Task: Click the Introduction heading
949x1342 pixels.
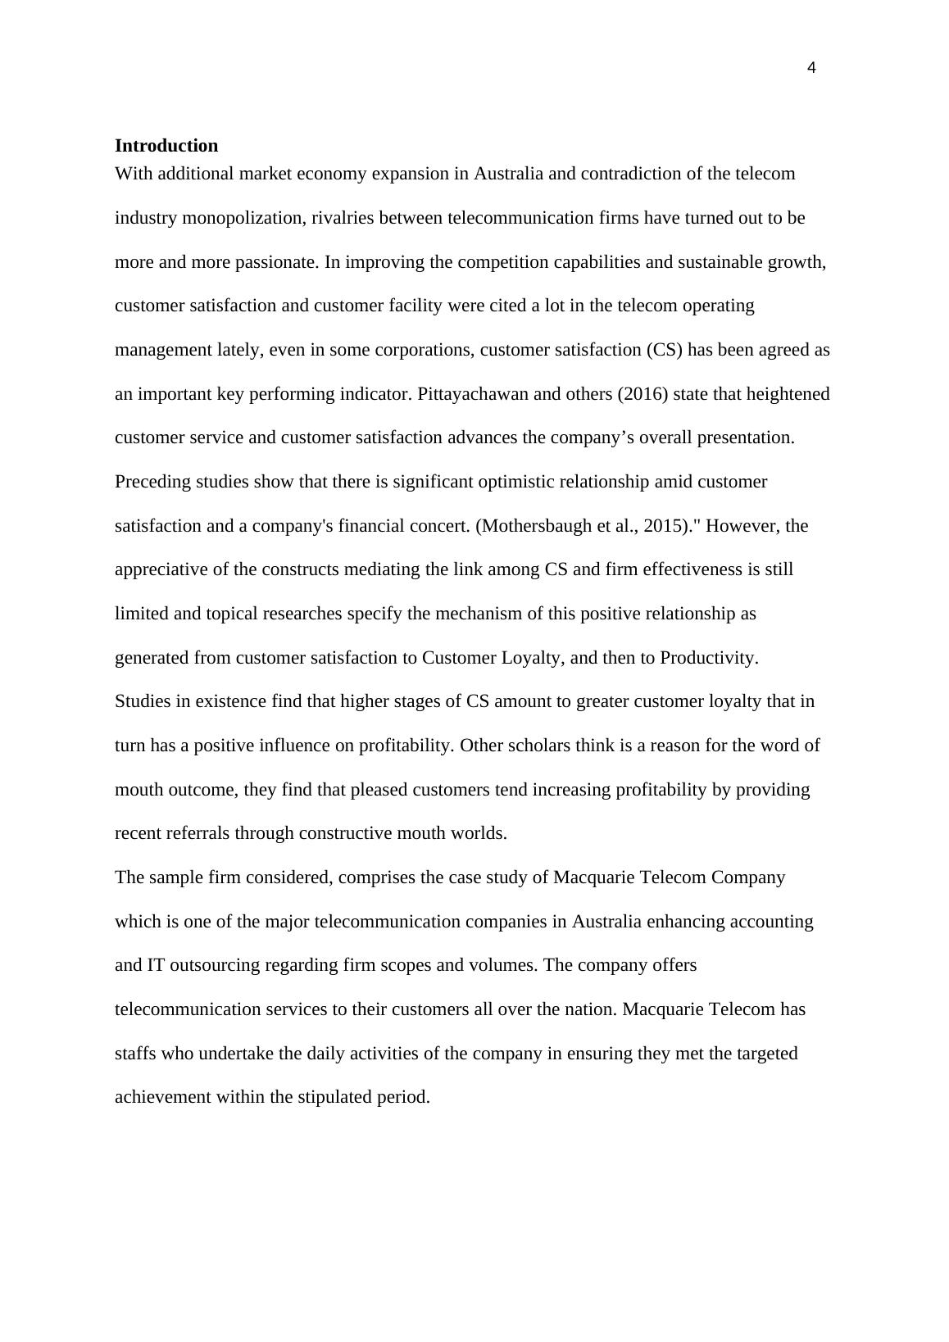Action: (x=166, y=146)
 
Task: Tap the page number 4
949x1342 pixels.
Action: (x=811, y=68)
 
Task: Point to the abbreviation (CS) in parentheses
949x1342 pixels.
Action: (x=664, y=350)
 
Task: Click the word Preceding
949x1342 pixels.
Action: (x=152, y=482)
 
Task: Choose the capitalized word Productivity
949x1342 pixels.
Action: (x=708, y=658)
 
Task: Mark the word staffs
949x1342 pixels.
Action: (x=135, y=1054)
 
